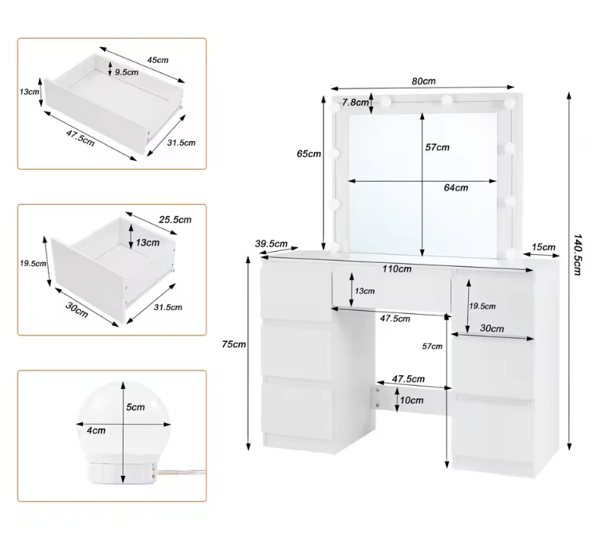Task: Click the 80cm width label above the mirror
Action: coord(423,81)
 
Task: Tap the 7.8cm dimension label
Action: coord(356,103)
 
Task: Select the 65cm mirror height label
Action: coord(308,154)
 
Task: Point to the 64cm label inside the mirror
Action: coord(456,188)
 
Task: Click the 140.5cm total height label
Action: coord(577,254)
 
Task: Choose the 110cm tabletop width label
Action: coord(396,269)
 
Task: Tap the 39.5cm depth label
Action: coord(271,244)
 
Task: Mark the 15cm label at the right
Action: coord(544,247)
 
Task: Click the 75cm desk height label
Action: coord(234,344)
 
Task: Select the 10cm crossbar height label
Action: coord(411,400)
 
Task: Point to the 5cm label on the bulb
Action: coord(136,407)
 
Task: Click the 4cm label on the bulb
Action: coord(96,430)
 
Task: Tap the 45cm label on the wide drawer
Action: coord(158,60)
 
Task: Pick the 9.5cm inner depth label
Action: coord(127,73)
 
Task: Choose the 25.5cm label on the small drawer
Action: coord(175,220)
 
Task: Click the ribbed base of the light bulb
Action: coord(121,473)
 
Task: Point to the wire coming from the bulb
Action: coord(181,473)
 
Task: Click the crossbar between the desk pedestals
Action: coord(412,400)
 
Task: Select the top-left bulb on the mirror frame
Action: coord(335,107)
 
